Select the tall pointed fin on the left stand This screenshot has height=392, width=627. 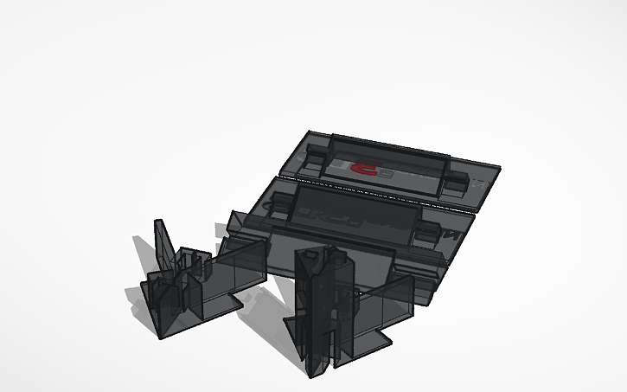click(162, 242)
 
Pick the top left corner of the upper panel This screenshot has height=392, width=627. click(310, 132)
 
